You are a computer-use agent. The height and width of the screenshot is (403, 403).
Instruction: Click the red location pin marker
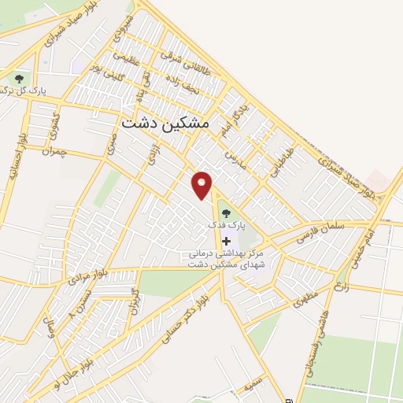tap(202, 184)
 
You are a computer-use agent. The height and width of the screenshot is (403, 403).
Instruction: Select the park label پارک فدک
tap(227, 225)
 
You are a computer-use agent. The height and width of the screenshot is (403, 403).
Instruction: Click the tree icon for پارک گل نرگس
tap(18, 79)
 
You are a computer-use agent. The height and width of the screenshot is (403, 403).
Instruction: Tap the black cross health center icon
tap(227, 240)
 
